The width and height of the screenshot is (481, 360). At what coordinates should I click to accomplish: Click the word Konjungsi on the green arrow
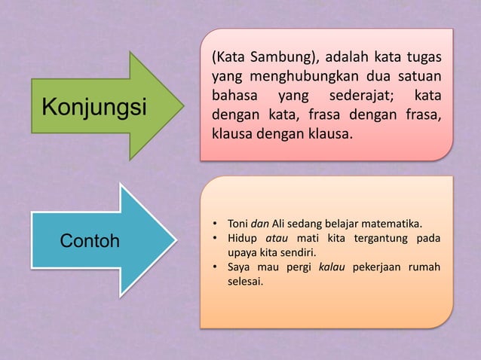coord(94,107)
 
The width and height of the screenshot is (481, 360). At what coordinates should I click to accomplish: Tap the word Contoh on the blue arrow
coord(90,243)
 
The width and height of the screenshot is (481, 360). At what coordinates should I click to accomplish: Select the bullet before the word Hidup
coord(215,239)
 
